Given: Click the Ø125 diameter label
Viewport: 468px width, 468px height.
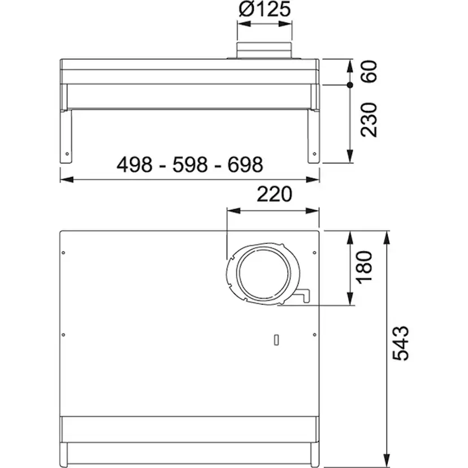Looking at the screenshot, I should pyautogui.click(x=264, y=10).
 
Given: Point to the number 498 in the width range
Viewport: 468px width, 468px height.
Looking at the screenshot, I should pyautogui.click(x=135, y=165).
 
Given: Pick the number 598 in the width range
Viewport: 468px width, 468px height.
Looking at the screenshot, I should pyautogui.click(x=190, y=165).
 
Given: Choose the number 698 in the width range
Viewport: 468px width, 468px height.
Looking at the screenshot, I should pyautogui.click(x=245, y=165).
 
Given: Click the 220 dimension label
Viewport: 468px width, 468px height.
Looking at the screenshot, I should pyautogui.click(x=274, y=194).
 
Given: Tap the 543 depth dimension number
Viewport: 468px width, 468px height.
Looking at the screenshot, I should pyautogui.click(x=400, y=343).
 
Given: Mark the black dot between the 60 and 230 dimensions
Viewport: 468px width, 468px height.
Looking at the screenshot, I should pyautogui.click(x=350, y=85).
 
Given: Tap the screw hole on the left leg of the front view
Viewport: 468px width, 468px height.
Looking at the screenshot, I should pyautogui.click(x=67, y=153).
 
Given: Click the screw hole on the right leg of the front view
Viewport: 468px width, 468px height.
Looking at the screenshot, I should pyautogui.click(x=313, y=153).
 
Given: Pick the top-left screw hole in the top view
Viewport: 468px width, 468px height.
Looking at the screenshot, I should pyautogui.click(x=63, y=252).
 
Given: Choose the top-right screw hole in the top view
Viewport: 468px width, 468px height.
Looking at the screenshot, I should pyautogui.click(x=314, y=252).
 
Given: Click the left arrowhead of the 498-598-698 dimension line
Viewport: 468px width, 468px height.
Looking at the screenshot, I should pyautogui.click(x=63, y=180).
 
